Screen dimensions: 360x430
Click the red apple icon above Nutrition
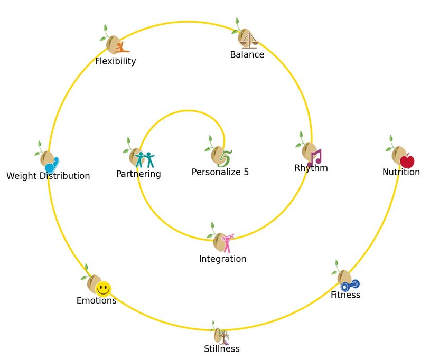(407, 161)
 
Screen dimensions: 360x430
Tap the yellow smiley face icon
(103, 289)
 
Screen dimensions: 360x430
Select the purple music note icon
(315, 157)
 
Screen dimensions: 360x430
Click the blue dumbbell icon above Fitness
(350, 285)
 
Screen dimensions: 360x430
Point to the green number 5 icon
(225, 158)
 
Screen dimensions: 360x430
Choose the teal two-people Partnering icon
(144, 159)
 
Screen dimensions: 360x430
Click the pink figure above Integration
(227, 243)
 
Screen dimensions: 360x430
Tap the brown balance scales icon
(249, 40)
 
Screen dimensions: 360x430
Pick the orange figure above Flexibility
(121, 48)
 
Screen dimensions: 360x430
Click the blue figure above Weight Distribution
(52, 165)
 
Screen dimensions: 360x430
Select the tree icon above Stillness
(223, 337)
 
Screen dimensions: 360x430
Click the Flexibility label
(115, 61)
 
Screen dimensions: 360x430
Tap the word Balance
(247, 54)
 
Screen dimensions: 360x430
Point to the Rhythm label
(311, 168)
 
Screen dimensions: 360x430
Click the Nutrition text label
(401, 172)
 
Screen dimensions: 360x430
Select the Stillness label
(221, 349)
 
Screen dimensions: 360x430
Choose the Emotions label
(96, 301)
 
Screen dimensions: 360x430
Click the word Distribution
(63, 176)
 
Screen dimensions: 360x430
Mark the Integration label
(222, 259)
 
